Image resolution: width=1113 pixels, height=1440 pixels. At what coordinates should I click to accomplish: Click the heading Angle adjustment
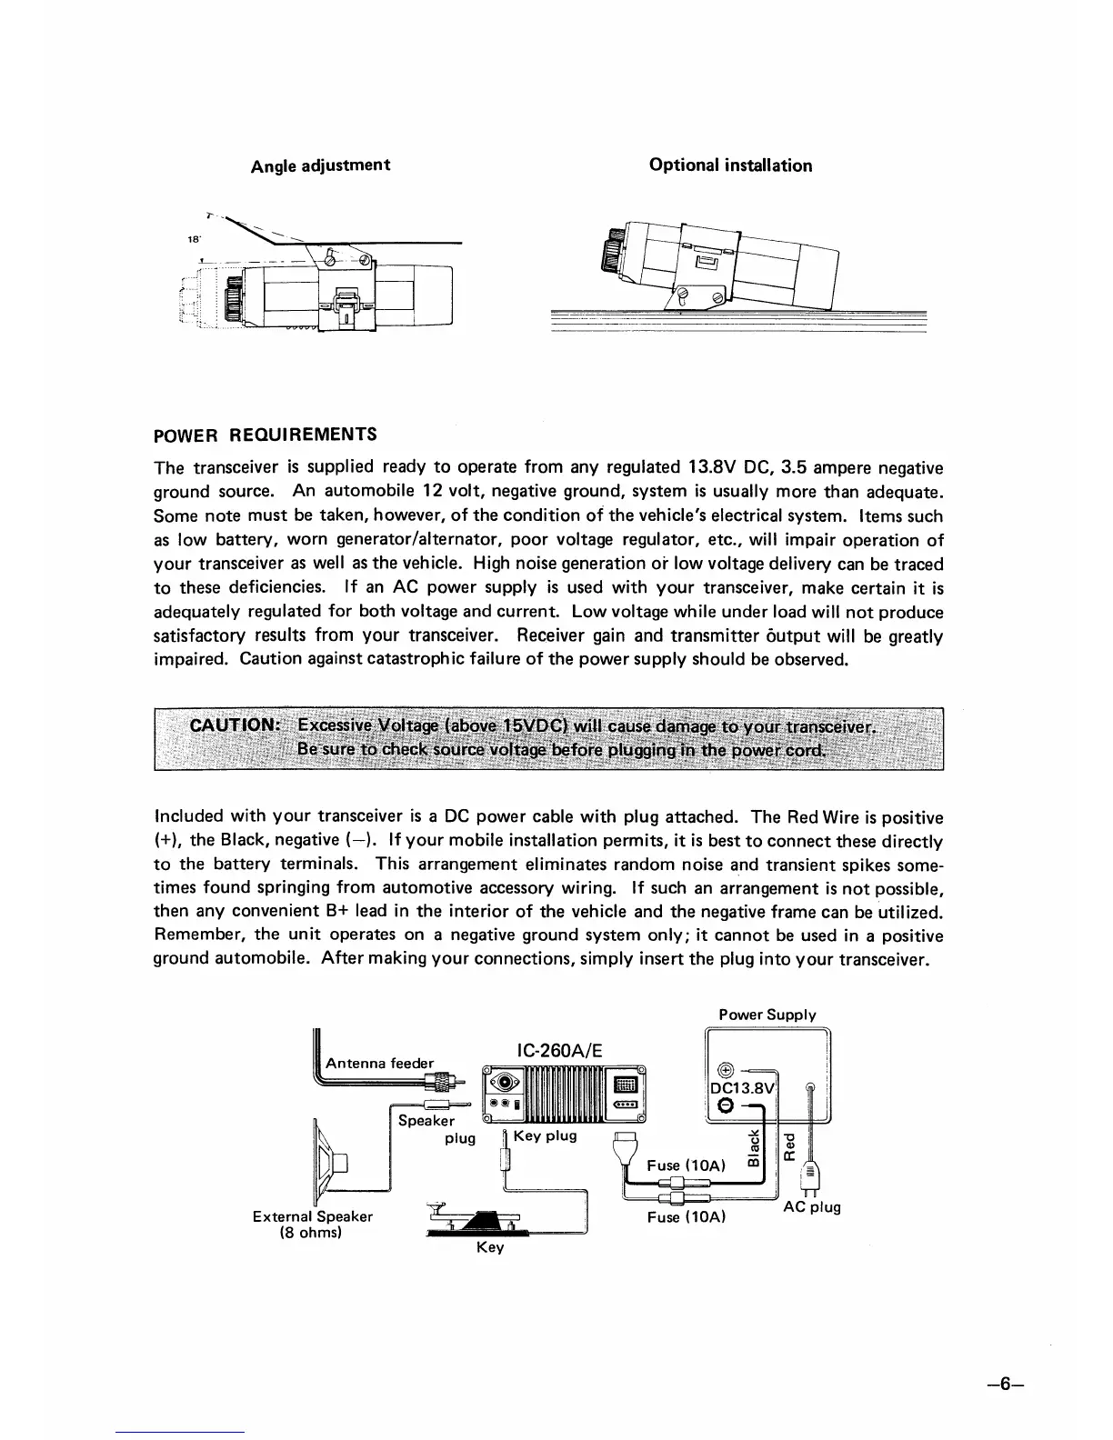point(320,165)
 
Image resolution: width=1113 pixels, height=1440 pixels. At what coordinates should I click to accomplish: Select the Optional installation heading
point(730,165)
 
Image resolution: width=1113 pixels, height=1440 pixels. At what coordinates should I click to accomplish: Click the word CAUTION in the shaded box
point(232,725)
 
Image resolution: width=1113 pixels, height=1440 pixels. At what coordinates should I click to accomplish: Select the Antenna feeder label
point(379,1063)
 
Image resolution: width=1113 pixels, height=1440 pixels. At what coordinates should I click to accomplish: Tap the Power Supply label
point(767,1015)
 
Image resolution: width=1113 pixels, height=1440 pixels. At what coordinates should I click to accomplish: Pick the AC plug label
point(812,1207)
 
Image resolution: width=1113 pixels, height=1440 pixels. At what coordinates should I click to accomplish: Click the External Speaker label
point(313,1216)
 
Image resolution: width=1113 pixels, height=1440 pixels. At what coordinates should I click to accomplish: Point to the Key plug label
point(545,1136)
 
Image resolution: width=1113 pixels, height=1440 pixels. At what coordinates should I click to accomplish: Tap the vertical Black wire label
point(754,1153)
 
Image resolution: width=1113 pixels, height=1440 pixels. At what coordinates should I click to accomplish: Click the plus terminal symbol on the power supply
point(726,1069)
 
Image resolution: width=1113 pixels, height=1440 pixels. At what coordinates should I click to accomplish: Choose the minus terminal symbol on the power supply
point(726,1105)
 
